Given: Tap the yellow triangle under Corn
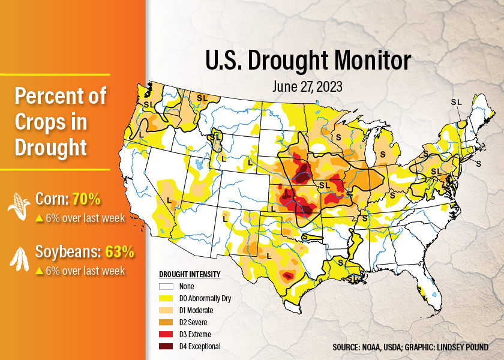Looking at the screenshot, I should tap(39, 218).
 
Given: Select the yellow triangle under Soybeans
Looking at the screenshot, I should tap(39, 271).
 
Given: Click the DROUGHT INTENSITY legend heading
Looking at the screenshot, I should tap(190, 275).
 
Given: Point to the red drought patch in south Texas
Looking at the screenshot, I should tap(289, 276).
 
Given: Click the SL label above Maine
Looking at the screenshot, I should tap(456, 102).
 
